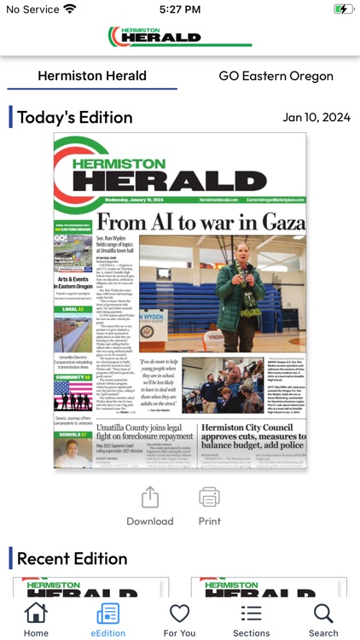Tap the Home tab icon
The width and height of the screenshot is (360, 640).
click(36, 614)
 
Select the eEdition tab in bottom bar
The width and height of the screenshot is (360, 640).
click(108, 614)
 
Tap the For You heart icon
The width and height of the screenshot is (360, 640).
click(179, 614)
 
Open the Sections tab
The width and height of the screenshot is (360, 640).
click(251, 614)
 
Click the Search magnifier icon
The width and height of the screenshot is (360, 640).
click(323, 614)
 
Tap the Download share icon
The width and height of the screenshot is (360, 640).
click(149, 497)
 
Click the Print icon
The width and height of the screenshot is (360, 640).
click(209, 497)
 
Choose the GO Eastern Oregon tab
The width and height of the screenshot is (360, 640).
click(276, 76)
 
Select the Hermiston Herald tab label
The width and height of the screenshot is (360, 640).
click(92, 76)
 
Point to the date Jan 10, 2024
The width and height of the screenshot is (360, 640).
click(316, 118)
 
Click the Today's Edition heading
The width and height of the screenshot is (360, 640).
click(75, 118)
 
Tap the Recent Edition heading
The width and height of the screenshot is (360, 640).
click(73, 559)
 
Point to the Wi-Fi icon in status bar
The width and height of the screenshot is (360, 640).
click(70, 9)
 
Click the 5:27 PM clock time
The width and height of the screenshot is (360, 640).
click(179, 9)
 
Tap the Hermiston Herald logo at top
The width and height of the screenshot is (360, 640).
click(179, 37)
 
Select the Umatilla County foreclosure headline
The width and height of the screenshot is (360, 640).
click(144, 432)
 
